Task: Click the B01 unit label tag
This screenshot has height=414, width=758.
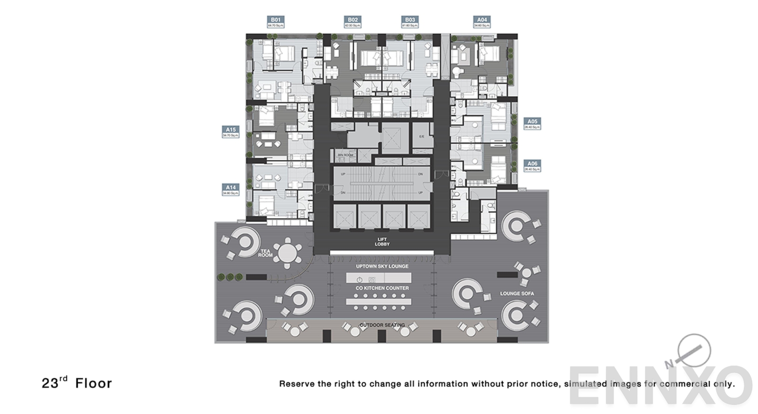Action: (276, 22)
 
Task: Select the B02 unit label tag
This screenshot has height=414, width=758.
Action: (352, 22)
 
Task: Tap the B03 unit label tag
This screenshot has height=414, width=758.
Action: (410, 22)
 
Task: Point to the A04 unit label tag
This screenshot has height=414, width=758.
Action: (482, 22)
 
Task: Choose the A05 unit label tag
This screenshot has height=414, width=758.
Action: (532, 124)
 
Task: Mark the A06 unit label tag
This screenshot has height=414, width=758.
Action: (532, 166)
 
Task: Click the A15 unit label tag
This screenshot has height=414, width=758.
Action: (231, 132)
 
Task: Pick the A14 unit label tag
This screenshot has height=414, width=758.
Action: (231, 190)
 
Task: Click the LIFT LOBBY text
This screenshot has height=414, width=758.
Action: (382, 242)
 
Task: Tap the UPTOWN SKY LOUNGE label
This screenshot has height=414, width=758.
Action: (382, 267)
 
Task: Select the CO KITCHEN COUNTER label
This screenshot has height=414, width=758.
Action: (382, 288)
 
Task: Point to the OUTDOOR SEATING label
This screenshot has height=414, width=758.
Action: (382, 325)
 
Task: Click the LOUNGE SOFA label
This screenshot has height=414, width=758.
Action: (517, 294)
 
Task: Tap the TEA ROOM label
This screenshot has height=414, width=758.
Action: (265, 253)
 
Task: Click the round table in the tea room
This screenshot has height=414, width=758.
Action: (287, 253)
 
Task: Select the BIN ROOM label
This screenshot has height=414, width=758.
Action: (345, 155)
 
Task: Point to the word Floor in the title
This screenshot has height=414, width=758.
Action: (93, 383)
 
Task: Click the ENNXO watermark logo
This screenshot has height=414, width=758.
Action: (661, 386)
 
